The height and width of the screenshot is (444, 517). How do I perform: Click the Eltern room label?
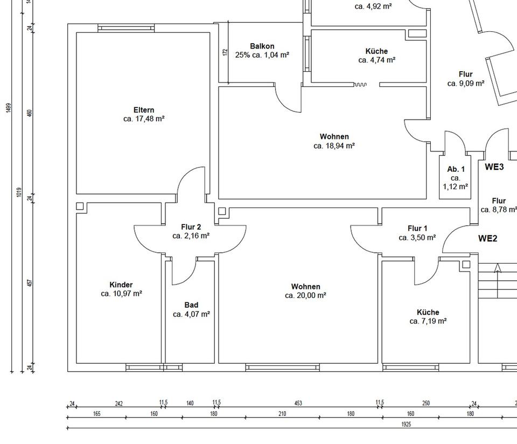pos(144,110)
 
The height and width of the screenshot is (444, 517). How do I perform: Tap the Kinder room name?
pos(121,285)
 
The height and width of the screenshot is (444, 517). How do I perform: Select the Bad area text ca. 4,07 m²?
pos(191,314)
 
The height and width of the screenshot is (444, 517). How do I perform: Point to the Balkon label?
pos(262,46)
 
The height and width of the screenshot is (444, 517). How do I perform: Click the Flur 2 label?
pos(191,227)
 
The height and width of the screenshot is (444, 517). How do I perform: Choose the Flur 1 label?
pos(418,228)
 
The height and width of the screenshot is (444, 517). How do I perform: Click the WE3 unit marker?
pos(494,167)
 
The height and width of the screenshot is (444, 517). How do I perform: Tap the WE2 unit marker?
pos(487,239)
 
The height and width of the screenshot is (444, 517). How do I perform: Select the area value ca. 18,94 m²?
pos(334,145)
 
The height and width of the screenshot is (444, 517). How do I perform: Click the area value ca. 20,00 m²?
pos(305,295)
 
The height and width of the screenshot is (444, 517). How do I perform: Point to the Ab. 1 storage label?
pos(456,169)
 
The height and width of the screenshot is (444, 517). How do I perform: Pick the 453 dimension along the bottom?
pos(298,403)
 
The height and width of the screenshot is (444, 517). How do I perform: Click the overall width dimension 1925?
pos(406,425)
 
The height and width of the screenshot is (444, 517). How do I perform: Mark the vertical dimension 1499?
pos(9,108)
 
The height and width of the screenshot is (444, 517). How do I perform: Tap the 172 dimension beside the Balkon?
pos(226,52)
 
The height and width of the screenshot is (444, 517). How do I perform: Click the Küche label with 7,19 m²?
pos(428,313)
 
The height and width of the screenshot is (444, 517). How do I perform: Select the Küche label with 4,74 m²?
pos(376,52)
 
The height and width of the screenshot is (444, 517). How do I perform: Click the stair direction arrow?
pos(498,268)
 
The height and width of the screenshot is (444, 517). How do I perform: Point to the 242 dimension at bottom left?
pos(119,403)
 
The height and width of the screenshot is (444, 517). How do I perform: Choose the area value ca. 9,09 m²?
pos(466,84)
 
